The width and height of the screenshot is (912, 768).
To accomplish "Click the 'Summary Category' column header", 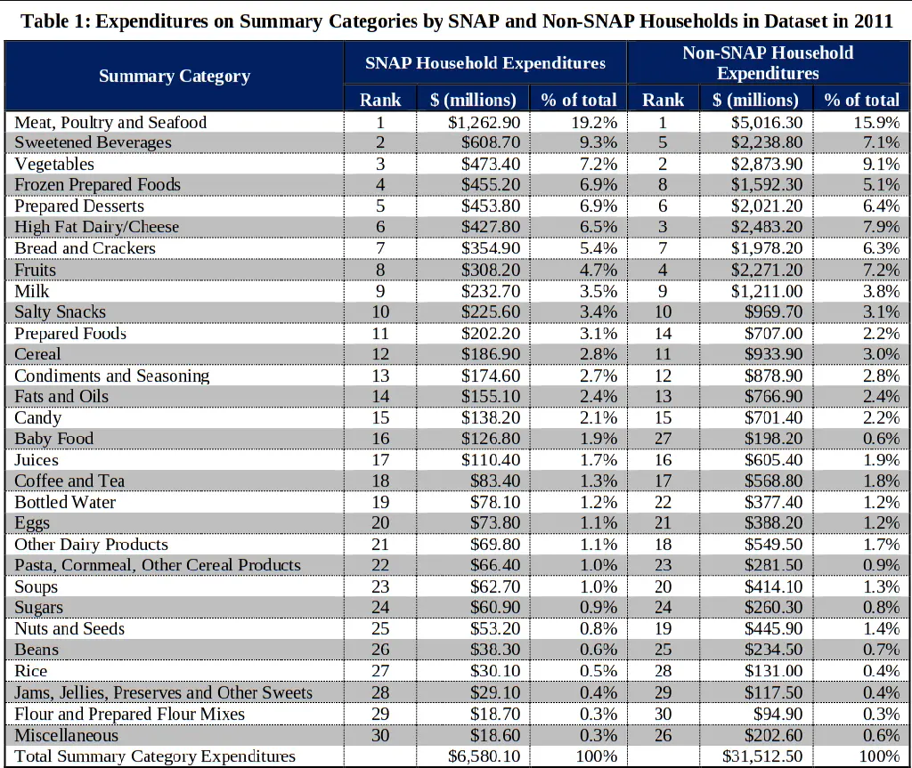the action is (175, 77).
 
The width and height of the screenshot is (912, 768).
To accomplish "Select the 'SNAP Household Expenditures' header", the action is (485, 63).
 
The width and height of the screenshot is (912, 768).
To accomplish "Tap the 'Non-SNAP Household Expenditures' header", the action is (768, 63).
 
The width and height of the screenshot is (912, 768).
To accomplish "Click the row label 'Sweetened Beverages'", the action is (93, 142).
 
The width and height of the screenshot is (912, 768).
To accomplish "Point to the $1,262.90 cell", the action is (484, 123).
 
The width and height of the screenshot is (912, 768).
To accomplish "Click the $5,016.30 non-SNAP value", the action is (767, 123).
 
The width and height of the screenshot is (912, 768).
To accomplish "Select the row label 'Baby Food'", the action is (53, 439).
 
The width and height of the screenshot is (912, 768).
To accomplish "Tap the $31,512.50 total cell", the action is (762, 756).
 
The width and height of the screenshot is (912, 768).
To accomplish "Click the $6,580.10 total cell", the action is (484, 756).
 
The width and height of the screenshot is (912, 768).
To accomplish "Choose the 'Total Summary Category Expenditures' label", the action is (155, 756).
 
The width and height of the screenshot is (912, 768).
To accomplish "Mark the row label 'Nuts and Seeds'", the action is (69, 628).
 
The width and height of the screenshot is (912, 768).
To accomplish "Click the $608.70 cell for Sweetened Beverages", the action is (491, 142).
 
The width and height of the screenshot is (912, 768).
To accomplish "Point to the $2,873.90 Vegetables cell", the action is (767, 164).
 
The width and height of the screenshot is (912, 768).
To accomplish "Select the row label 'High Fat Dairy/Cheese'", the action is (96, 227).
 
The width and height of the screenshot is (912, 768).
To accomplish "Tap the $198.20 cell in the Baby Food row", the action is (774, 439).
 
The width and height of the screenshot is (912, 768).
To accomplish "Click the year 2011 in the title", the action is (873, 21).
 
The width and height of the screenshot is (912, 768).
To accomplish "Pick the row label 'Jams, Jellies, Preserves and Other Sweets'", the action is (164, 692).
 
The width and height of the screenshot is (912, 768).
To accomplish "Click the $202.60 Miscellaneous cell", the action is (774, 735).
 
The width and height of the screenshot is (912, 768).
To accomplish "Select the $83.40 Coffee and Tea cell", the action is (495, 481).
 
